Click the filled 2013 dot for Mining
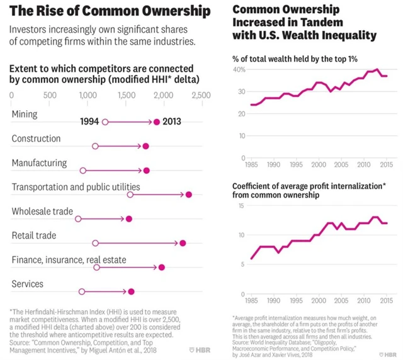157,122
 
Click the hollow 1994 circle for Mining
105,122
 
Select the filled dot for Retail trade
183,243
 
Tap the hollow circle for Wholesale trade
78,219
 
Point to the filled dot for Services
131,291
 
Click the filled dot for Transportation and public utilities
188,195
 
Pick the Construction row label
36,138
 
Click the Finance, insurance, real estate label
69,260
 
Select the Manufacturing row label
39,163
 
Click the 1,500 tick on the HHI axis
125,95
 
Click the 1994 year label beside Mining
89,122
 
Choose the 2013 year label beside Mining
173,122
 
